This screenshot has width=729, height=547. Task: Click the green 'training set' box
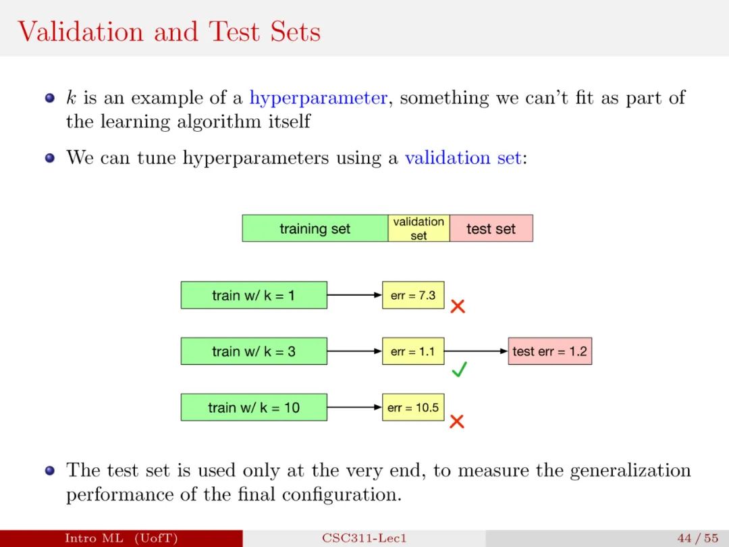tap(315, 228)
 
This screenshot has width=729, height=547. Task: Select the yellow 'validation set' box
tap(418, 228)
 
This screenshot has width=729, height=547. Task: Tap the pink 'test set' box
tap(491, 228)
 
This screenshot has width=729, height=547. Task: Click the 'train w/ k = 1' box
tap(253, 295)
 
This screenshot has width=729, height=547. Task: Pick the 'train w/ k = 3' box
tap(253, 351)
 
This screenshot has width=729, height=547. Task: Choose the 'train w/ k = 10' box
tap(253, 407)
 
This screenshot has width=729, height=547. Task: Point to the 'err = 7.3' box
tap(413, 295)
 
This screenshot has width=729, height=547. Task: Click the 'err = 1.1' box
tap(413, 351)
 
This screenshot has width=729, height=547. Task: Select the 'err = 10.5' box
tap(413, 407)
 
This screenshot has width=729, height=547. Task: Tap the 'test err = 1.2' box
tap(549, 351)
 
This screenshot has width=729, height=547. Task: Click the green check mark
tap(459, 370)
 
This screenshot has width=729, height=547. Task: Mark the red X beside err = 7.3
tap(458, 307)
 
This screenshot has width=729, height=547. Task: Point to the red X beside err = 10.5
tap(457, 422)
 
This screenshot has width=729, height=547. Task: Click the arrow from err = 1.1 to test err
tap(476, 351)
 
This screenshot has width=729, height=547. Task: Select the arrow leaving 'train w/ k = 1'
tap(354, 295)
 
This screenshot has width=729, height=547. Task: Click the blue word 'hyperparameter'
tap(318, 98)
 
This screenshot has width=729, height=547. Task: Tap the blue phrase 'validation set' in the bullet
tap(462, 158)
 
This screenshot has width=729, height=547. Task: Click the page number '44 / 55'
tap(697, 538)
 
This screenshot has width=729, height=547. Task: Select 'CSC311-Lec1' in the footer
tap(364, 538)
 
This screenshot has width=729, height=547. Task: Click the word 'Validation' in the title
tap(81, 32)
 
